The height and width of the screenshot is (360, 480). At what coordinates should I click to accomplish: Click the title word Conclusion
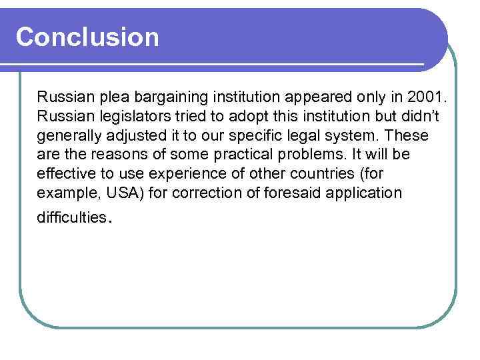point(87,37)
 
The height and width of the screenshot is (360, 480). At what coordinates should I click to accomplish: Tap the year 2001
point(429,97)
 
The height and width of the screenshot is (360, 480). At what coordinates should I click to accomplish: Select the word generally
point(67,135)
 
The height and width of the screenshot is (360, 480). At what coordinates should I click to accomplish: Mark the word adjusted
point(135,135)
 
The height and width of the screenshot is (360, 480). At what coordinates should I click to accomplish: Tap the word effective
point(65,174)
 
